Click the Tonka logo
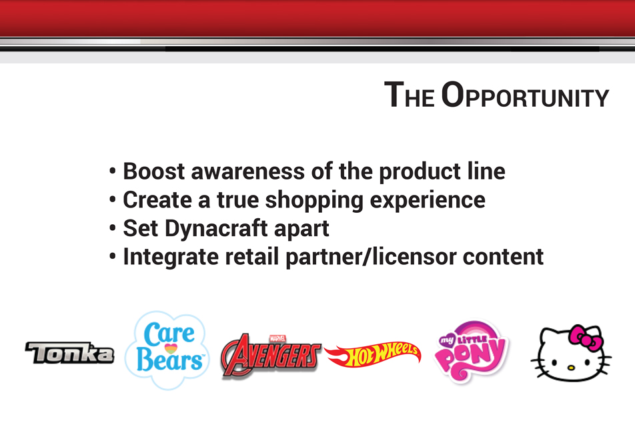coord(69,352)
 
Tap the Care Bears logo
coord(167,350)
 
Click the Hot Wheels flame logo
coord(373,354)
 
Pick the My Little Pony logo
coord(472,352)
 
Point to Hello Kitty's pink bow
coord(586,338)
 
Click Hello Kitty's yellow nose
coord(570,368)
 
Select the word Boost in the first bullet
coord(154,171)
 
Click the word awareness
coord(248,171)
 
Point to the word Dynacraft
coord(216,229)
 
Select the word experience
coord(428,201)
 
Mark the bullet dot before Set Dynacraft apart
coord(113,228)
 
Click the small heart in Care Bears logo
coord(171,348)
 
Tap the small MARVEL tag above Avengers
coord(277,338)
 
